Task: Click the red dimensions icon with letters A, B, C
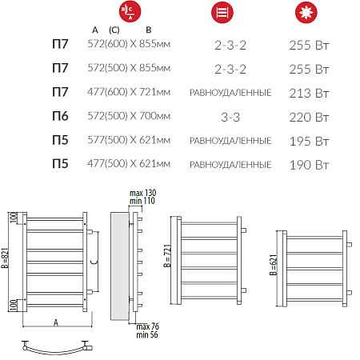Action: [x=130, y=11]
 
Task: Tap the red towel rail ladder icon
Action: [x=222, y=12]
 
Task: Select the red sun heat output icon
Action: [x=306, y=12]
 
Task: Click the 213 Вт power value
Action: [x=309, y=94]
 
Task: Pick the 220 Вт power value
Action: [x=309, y=118]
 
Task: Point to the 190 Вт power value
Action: [x=309, y=165]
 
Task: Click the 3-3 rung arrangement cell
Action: [x=230, y=118]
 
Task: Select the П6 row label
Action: [x=60, y=116]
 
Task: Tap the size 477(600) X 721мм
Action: [x=129, y=92]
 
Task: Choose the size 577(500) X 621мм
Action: [x=129, y=140]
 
